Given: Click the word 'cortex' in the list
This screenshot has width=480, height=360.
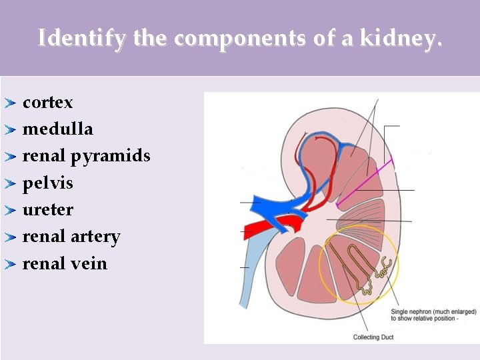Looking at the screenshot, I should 47,103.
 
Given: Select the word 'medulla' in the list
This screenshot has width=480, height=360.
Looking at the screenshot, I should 57,129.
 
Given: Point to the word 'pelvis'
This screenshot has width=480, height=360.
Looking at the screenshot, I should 47,183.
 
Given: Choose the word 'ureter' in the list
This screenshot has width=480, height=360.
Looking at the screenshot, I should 48,210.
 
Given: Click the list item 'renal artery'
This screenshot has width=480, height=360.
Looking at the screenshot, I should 71,237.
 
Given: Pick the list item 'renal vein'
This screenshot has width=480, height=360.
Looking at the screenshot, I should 65,263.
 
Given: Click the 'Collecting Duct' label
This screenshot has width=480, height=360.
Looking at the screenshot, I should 373,337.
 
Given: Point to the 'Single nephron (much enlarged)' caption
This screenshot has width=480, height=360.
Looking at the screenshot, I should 433,311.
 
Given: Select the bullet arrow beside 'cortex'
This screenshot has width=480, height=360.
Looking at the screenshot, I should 10,103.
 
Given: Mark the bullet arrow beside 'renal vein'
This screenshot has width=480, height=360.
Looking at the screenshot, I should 10,264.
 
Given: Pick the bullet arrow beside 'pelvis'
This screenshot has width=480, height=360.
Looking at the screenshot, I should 10,183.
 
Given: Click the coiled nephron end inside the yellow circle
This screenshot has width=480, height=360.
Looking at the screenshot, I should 383,269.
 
